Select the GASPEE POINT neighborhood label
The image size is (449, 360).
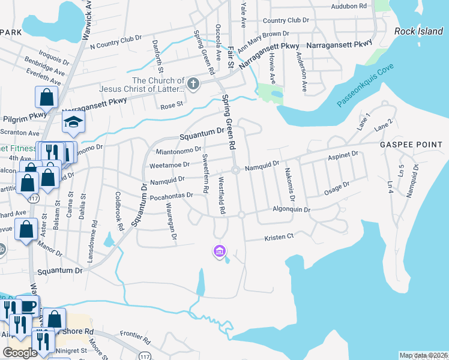[413, 145]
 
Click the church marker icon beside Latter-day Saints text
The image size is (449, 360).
[193, 85]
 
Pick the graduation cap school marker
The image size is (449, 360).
[74, 122]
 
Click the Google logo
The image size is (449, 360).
[20, 353]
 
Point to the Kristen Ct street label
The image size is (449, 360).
[279, 237]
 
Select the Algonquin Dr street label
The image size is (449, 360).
[291, 210]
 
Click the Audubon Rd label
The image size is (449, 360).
[349, 6]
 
